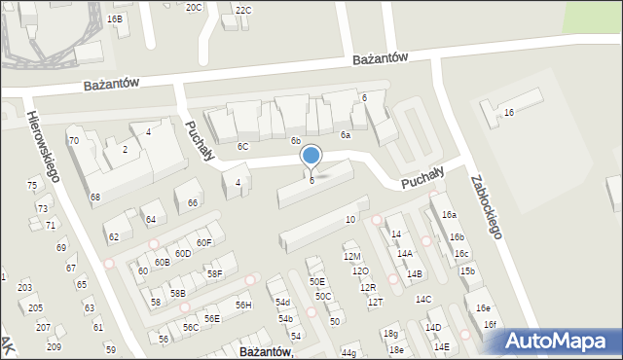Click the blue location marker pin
tap(311, 156)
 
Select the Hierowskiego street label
tap(44, 145)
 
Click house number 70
tap(73, 141)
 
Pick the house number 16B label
tap(115, 18)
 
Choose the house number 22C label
tap(242, 10)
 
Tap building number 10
tap(350, 220)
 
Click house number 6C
tap(242, 146)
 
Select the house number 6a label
tap(345, 135)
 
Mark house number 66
tap(193, 202)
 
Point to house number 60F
tap(203, 242)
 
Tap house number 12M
tap(351, 256)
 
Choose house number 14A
tap(404, 253)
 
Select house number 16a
tap(448, 214)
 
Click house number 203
tap(24, 288)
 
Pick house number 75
tap(32, 185)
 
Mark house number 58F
tap(214, 274)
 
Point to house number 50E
tap(317, 282)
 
